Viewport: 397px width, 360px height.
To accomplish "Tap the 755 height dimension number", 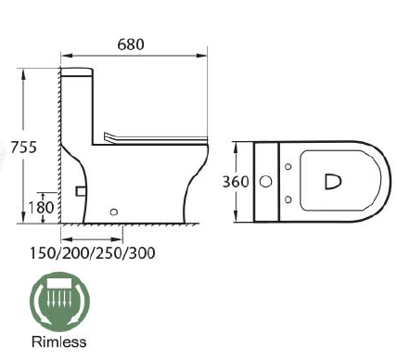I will (x=23, y=147).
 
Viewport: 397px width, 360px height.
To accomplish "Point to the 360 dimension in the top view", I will (x=235, y=182).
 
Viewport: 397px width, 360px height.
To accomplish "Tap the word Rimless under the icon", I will (x=59, y=341).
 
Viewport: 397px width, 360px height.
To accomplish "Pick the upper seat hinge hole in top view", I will (x=288, y=167).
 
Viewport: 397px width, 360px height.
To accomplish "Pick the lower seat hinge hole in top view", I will (x=288, y=197).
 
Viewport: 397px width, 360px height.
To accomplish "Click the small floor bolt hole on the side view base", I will (x=114, y=212).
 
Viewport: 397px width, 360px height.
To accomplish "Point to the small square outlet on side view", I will (x=80, y=190).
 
